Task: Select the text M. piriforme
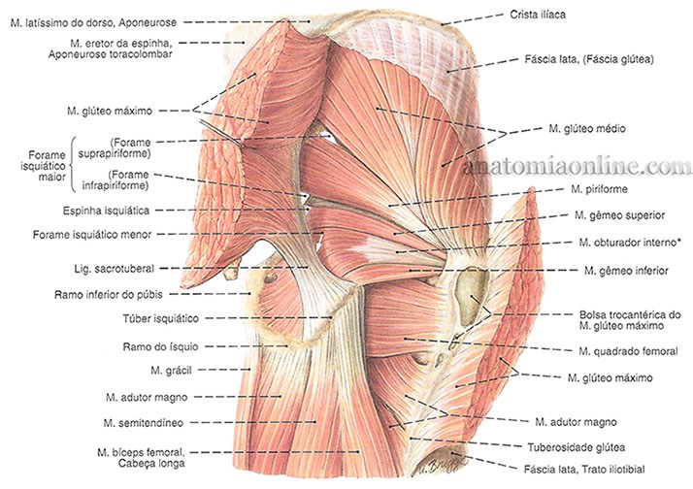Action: [x=600, y=189]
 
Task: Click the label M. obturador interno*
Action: [x=625, y=243]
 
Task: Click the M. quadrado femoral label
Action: [x=627, y=351]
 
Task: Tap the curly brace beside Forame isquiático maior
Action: [x=72, y=166]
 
